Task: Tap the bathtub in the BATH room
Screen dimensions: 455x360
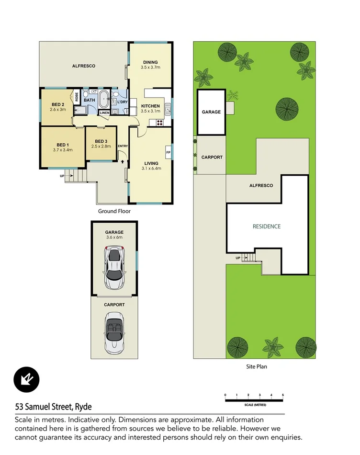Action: pyautogui.click(x=103, y=101)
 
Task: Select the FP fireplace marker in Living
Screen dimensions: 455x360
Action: pyautogui.click(x=168, y=153)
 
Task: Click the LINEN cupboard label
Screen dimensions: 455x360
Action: pyautogui.click(x=104, y=113)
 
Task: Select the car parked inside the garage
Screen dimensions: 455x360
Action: pyautogui.click(x=114, y=268)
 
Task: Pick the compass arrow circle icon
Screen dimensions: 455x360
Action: pyautogui.click(x=26, y=380)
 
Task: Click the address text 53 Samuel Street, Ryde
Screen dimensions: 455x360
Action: pyautogui.click(x=53, y=407)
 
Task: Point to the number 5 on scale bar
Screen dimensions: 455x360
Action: pyautogui.click(x=283, y=395)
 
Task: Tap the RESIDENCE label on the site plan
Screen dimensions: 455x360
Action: pyautogui.click(x=267, y=226)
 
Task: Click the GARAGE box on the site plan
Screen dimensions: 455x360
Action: pyautogui.click(x=211, y=112)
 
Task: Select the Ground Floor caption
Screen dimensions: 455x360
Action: pyautogui.click(x=114, y=211)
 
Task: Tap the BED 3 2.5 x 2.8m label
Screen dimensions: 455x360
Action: pyautogui.click(x=101, y=143)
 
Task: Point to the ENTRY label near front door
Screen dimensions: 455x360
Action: pyautogui.click(x=123, y=146)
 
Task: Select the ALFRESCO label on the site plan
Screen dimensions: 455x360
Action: pyautogui.click(x=261, y=185)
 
